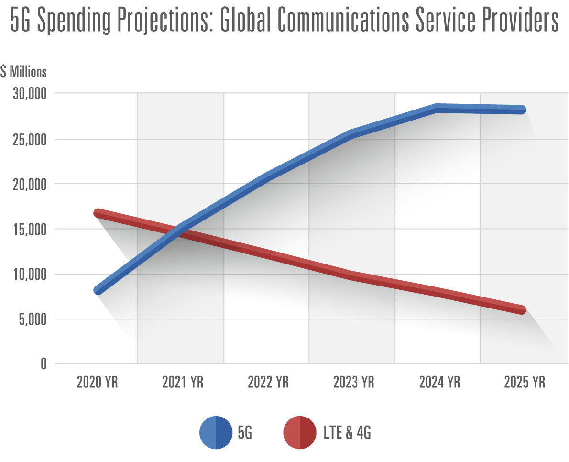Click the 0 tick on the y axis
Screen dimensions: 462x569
coord(43,364)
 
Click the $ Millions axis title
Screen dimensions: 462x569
coord(23,72)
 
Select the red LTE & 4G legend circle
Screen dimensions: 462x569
coord(300,433)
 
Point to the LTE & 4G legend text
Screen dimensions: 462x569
coord(348,433)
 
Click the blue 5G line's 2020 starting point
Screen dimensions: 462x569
coord(98,290)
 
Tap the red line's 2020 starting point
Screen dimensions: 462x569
coord(98,213)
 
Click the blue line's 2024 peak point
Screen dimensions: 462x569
coord(437,108)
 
